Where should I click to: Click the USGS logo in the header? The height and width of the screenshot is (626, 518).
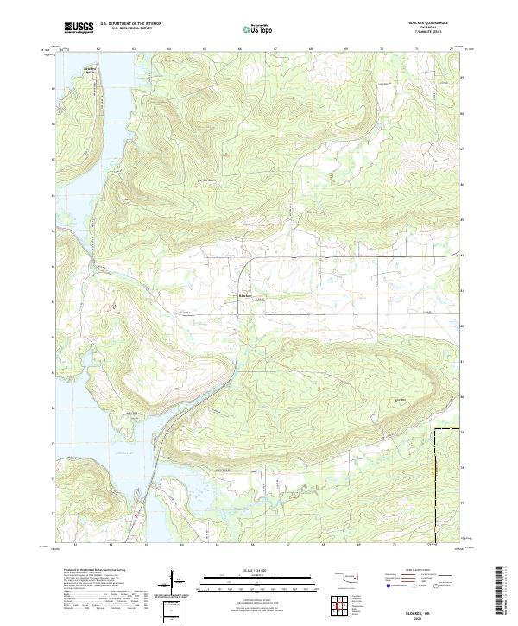(79, 28)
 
